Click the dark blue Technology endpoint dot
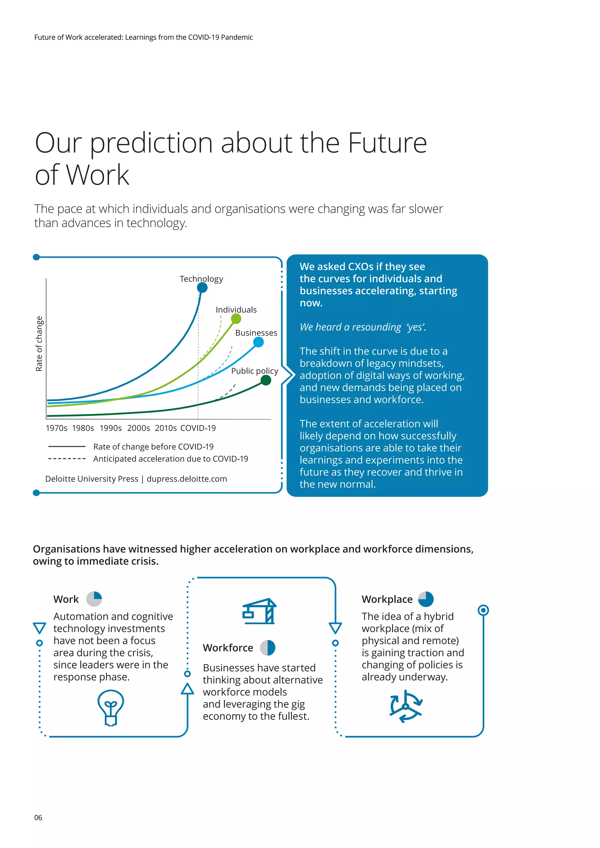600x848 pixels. [202, 287]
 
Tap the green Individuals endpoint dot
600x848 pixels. [236, 318]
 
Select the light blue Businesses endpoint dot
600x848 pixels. [259, 342]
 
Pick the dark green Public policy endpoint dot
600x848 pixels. [266, 380]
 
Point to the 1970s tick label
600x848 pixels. [57, 428]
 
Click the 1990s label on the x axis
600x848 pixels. [110, 428]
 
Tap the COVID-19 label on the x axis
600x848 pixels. [198, 428]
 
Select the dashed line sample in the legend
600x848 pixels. [67, 459]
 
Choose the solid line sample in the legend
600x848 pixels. [67, 447]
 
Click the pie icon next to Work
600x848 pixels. [94, 599]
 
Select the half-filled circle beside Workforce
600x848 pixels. [267, 648]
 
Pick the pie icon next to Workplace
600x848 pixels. [426, 599]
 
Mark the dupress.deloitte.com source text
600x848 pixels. [187, 479]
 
